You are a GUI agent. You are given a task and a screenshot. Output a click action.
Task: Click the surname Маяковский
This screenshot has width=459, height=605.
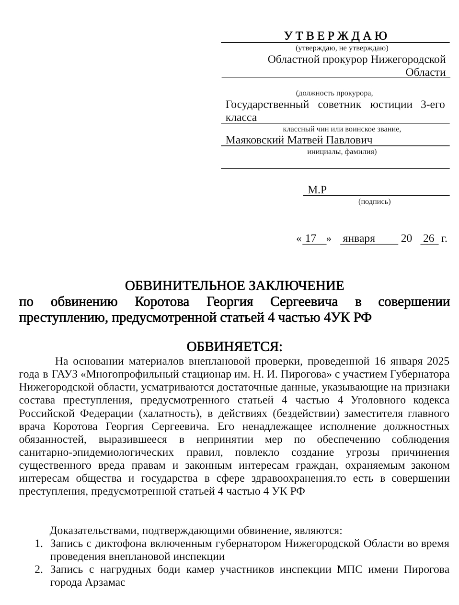(255, 140)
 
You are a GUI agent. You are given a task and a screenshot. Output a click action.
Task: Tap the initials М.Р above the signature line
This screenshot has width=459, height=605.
(317, 190)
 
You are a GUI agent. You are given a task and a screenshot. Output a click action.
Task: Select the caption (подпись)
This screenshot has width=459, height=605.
(374, 202)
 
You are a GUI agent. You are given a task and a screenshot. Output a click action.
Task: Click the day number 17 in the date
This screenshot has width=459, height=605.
(311, 238)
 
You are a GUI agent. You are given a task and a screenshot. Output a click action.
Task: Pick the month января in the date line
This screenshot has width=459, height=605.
(359, 238)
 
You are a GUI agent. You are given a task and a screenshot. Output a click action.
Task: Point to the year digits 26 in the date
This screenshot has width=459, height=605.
(429, 238)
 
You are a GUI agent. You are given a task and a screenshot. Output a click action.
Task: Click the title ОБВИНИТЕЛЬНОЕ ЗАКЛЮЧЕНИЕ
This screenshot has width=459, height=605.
(234, 286)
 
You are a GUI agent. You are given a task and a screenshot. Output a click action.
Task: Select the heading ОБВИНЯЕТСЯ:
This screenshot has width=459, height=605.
(234, 346)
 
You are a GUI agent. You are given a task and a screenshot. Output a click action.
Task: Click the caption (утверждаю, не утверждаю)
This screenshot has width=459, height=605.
(342, 48)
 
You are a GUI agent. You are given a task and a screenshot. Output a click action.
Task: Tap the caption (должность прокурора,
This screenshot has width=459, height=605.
(334, 93)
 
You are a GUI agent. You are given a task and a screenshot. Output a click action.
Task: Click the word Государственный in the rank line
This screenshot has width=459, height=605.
(267, 105)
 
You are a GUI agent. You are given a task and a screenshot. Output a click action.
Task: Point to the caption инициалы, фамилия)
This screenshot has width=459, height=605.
(342, 152)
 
